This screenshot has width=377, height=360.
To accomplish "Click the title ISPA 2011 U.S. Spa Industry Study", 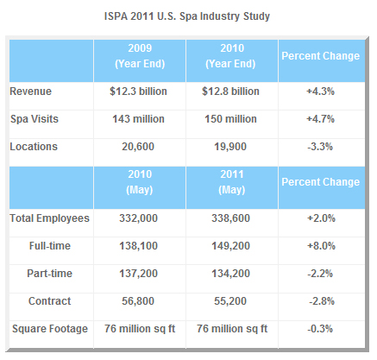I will pos(188,16).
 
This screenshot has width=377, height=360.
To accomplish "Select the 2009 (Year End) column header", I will pos(139,55).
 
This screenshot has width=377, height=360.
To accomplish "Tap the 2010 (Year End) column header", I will pos(231,55).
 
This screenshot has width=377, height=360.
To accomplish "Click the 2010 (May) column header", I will pos(139,182).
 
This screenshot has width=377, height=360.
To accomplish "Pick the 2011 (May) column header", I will pos(231,182).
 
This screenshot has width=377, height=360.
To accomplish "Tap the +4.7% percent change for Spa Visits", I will pos(319,118).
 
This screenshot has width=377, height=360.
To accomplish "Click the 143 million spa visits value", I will pos(139,118).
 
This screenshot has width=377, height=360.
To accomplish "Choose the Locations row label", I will pos(34,146).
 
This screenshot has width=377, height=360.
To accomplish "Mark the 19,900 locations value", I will pos(231,146).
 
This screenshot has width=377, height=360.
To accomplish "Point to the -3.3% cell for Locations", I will pos(319,146).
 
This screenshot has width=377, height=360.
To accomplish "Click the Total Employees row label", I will pos(50,218).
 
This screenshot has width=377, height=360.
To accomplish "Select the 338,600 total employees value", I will pos(231,218).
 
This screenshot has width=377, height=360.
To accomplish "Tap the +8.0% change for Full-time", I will pos(319,246).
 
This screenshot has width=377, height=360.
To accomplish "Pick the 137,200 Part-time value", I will pos(139,274).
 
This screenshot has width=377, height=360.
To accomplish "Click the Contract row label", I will pos(50,300).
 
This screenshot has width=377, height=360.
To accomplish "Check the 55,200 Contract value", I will pos(231,300).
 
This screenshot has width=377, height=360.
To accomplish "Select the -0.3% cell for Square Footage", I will pos(319,328).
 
